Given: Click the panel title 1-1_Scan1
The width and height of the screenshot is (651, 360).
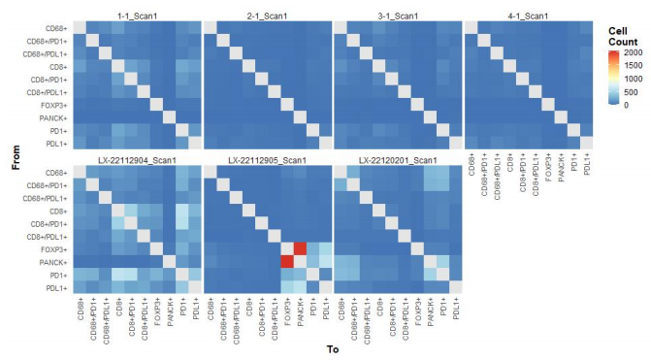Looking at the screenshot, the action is click(x=138, y=16).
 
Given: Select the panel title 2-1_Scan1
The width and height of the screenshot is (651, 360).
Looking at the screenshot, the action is click(x=268, y=16).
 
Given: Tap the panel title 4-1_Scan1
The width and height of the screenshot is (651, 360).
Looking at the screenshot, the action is click(x=528, y=16).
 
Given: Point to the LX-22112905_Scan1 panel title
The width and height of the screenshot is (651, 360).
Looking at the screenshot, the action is click(x=268, y=160).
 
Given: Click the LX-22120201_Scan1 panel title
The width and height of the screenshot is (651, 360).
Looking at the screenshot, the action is click(x=398, y=160).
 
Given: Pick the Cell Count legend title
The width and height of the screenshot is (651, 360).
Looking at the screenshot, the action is click(x=623, y=37).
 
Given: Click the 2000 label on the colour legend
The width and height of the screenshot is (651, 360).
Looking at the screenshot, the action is click(x=633, y=52).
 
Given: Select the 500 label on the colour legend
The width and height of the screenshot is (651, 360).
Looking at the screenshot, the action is click(x=631, y=92).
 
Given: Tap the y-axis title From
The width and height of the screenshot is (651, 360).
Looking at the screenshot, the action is click(x=16, y=157).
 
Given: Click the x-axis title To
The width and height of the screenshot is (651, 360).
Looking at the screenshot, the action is click(x=333, y=349).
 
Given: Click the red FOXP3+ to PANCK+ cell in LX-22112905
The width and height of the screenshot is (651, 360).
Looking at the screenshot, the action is click(x=300, y=249).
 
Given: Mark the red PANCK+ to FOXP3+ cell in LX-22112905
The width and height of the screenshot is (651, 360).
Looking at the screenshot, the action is click(x=287, y=262).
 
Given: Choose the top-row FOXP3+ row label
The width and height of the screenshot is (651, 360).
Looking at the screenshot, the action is click(x=54, y=106).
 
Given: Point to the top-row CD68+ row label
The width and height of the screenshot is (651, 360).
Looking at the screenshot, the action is click(x=56, y=29).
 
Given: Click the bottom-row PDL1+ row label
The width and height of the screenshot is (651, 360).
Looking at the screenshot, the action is click(x=57, y=288).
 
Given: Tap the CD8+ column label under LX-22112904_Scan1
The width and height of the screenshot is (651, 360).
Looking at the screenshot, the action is click(x=119, y=306).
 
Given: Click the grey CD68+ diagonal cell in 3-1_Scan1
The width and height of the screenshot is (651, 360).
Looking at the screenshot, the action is click(x=341, y=28).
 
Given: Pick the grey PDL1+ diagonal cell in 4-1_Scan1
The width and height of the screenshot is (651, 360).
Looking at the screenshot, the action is click(x=587, y=144).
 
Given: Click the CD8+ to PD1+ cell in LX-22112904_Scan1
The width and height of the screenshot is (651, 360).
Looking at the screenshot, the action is click(x=182, y=211).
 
